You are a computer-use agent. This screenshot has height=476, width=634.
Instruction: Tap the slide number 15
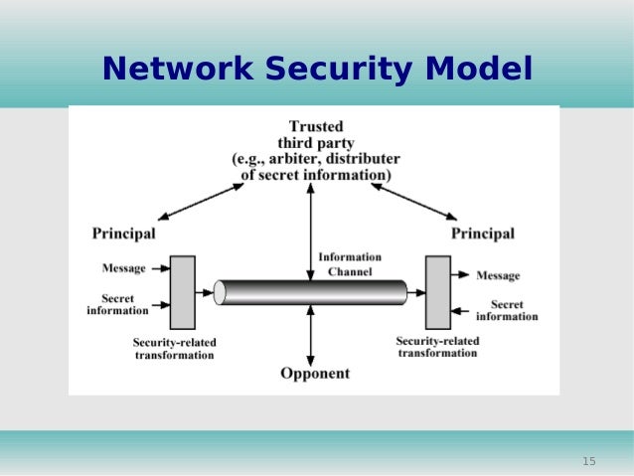[588, 461]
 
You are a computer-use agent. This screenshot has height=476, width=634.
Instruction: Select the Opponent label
[314, 374]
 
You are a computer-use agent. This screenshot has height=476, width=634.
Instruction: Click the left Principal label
[123, 234]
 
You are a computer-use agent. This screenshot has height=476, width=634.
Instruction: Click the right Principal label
[483, 234]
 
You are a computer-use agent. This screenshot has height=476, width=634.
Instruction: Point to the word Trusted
[316, 126]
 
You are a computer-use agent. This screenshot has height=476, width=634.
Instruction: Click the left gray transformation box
[183, 292]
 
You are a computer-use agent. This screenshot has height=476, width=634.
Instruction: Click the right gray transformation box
[437, 292]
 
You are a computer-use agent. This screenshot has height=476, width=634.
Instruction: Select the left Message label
[124, 268]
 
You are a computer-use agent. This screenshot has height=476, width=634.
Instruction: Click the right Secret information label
[507, 310]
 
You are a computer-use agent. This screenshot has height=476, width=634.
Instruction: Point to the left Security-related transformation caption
[174, 349]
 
